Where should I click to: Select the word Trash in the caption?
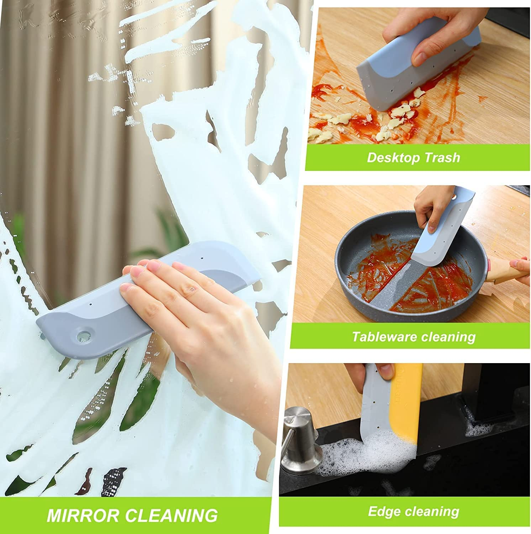pos(442,157)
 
